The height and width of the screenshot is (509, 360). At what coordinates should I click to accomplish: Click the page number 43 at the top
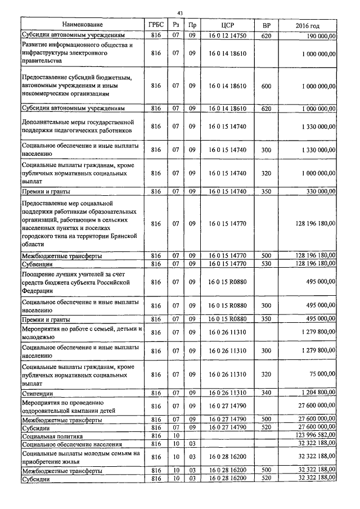[x=179, y=12]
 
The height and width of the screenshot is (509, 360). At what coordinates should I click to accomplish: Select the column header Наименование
[x=83, y=25]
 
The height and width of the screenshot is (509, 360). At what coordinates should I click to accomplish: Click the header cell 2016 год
[x=308, y=25]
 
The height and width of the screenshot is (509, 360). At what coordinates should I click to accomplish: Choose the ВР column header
[x=267, y=25]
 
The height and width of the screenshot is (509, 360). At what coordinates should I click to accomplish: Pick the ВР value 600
[x=267, y=86]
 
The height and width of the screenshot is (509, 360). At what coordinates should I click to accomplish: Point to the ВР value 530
[x=267, y=263]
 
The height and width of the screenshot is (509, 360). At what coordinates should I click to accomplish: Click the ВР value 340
[x=267, y=393]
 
